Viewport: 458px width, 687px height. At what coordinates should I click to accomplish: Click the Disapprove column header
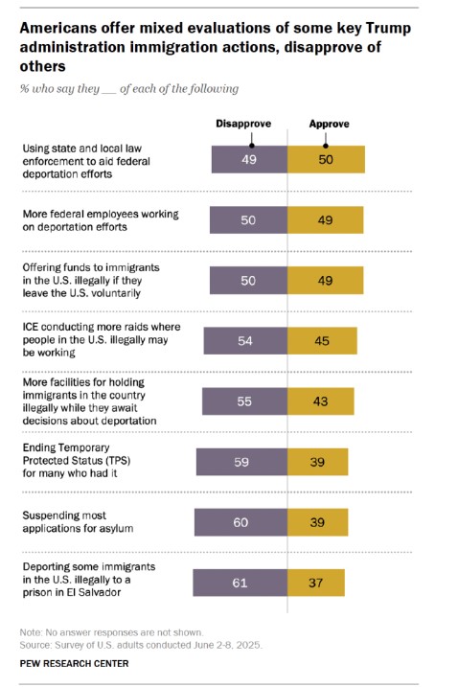point(243,124)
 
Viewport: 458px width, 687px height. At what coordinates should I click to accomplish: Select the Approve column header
point(330,124)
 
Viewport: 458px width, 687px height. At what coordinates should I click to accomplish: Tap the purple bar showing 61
point(240,583)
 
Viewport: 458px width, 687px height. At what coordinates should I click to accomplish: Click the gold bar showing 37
point(316,583)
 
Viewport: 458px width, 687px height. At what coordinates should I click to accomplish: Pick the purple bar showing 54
point(245,340)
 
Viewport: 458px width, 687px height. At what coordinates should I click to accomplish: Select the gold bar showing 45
point(322,340)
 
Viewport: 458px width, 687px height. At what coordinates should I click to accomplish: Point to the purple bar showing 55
point(244,401)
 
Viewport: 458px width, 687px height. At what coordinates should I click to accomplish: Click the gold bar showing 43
point(321,401)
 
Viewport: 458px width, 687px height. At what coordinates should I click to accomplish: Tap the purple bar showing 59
point(241,462)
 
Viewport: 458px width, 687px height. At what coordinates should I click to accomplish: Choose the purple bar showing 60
point(241,522)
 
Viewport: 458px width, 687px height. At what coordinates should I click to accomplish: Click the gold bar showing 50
point(326,159)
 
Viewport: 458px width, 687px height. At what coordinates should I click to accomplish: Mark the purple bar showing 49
point(249,159)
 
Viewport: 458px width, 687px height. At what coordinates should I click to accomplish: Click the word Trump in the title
point(388,28)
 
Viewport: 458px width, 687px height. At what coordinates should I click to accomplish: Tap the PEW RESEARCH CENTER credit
point(74,663)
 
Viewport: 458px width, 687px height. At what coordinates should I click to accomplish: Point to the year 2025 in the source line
point(250,645)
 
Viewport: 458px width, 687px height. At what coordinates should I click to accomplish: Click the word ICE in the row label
point(31,327)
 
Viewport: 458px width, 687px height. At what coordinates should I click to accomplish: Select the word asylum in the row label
point(117,528)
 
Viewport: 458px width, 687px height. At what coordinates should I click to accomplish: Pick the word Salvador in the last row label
point(100,592)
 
